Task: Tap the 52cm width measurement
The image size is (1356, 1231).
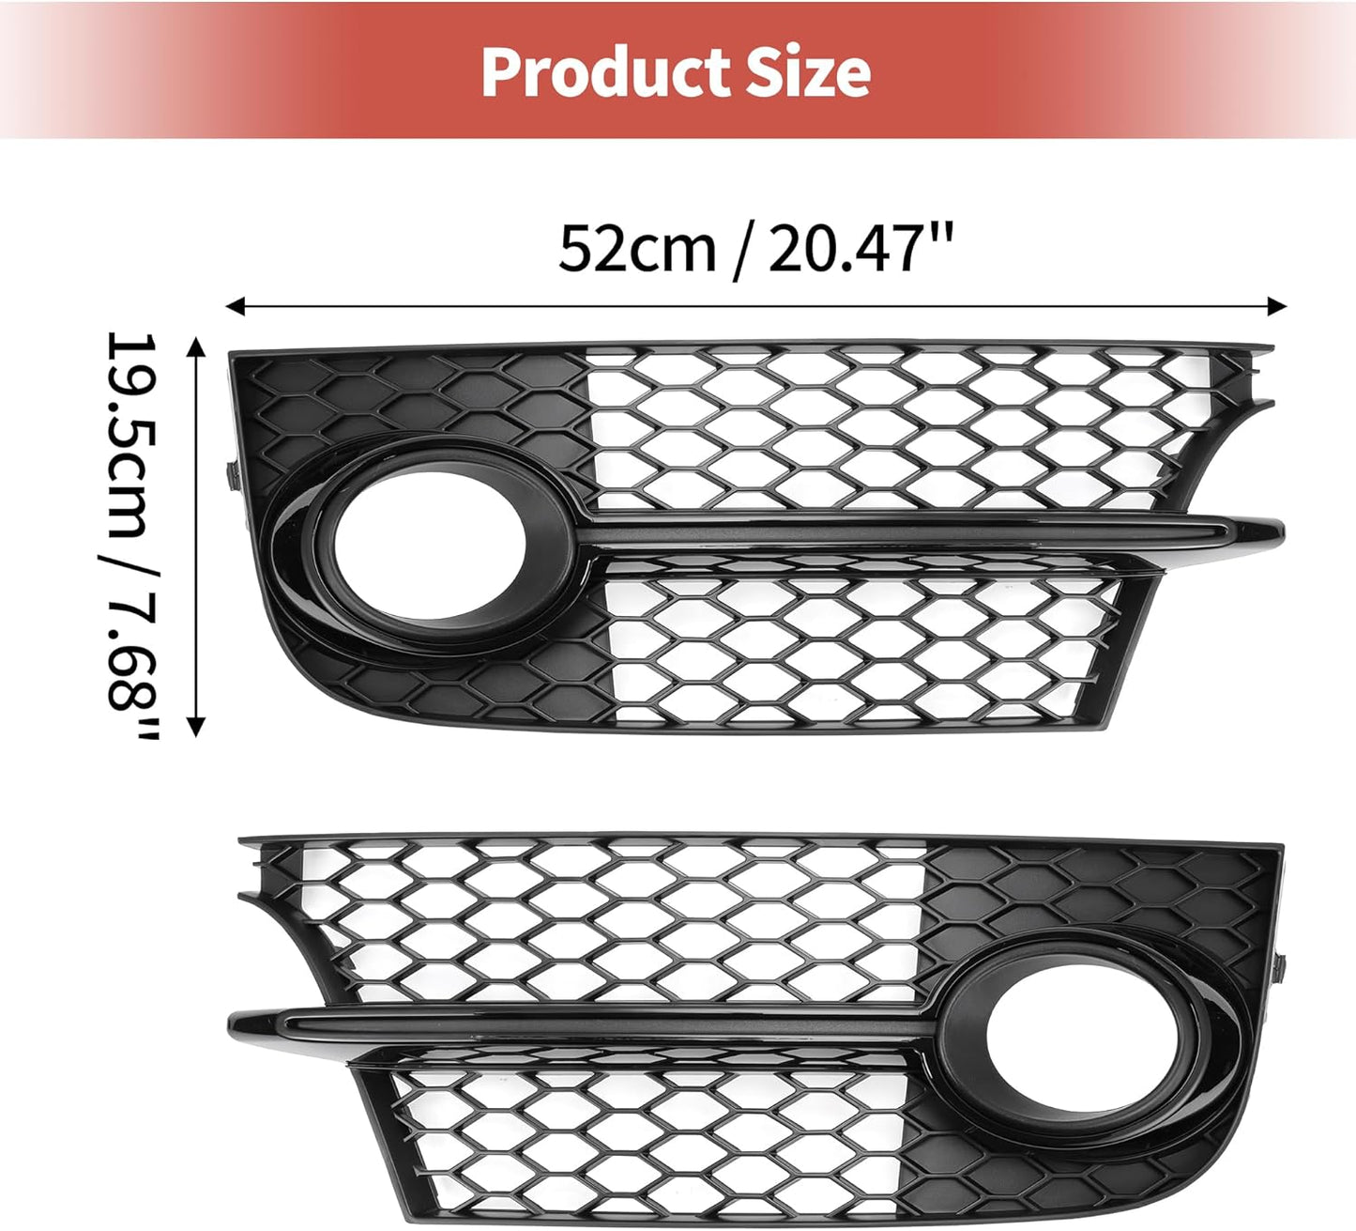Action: pos(637,248)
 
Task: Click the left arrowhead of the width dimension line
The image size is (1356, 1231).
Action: pos(235,306)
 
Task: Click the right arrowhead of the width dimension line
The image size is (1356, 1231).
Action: pos(1277,306)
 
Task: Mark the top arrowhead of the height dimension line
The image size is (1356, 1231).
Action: pos(196,346)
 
